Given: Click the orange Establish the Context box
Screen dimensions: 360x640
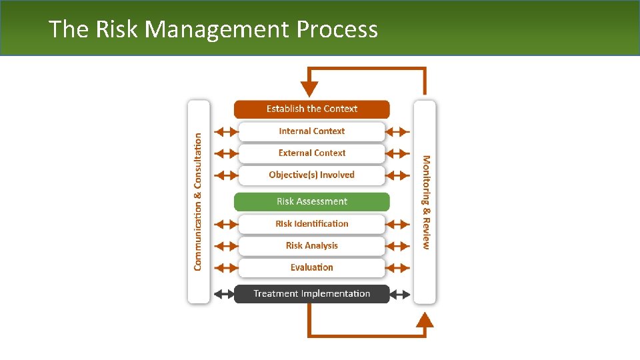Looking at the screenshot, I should click(311, 109).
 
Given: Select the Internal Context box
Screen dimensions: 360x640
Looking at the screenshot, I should click(311, 131).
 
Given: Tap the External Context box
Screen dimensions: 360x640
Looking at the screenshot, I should click(311, 153).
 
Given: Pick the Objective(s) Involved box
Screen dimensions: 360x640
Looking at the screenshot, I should click(311, 175).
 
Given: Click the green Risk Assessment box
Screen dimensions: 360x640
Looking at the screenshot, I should click(311, 201).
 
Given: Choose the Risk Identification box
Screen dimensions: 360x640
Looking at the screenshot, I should click(311, 223).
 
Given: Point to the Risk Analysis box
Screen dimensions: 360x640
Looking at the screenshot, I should click(311, 245).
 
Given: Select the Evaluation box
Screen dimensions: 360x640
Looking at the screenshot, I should click(311, 267).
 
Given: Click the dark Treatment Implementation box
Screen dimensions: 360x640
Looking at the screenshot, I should click(311, 293).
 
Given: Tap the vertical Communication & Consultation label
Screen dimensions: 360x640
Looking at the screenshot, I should click(198, 201).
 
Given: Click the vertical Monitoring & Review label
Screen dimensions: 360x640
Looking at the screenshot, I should click(425, 202).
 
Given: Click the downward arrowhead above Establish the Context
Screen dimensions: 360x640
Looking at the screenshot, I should click(309, 89).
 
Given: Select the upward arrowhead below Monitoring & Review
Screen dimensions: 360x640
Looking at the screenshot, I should click(425, 321).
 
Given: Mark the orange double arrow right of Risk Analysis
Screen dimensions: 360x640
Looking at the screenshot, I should click(399, 245).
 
